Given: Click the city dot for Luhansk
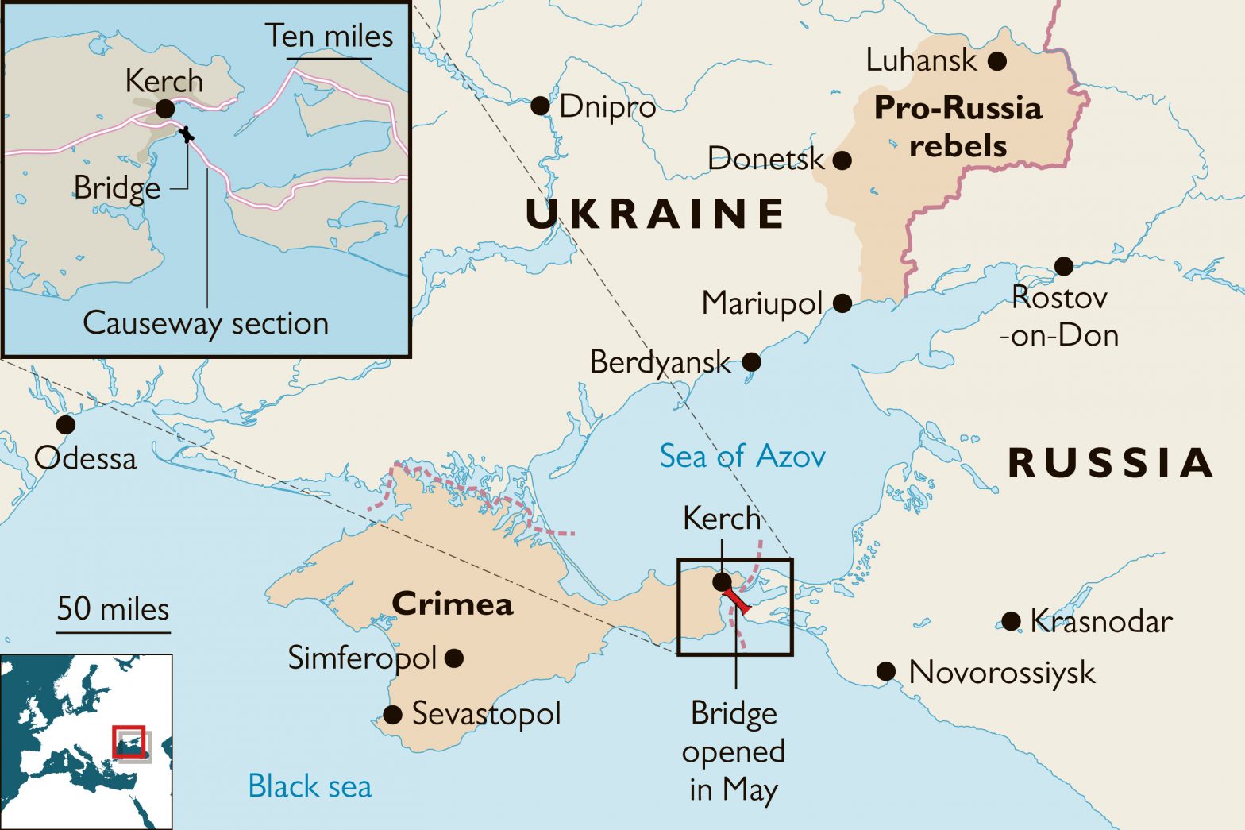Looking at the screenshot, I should pos(997,61).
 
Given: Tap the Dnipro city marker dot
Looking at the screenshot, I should pos(540,106).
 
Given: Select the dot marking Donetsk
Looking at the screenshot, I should pos(842,160).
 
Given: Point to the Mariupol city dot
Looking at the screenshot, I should pos(842,303).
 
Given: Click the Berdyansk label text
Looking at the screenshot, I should pos(659,362).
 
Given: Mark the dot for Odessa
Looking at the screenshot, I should pos(66,425).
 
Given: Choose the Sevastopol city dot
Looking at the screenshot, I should pos(392,715).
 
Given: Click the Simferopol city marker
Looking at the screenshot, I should pos(454,658).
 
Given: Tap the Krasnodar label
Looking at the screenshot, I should pos(1100,622).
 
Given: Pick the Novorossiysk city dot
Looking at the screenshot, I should pos(886,672).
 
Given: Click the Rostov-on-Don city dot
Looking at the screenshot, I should pos(1063,266).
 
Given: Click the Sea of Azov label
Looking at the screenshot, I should pos(742,457).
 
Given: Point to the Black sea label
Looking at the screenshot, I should pos(310,786).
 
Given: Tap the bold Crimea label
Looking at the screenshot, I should pos(453,604).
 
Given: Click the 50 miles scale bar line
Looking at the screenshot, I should pos(113,633).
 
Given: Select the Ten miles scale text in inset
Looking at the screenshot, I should pos(329,37).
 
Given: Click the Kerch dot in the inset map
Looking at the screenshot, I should pos(164,109).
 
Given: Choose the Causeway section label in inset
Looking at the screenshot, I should pos(206,324).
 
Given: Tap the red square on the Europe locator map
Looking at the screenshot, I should pos(129,742).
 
